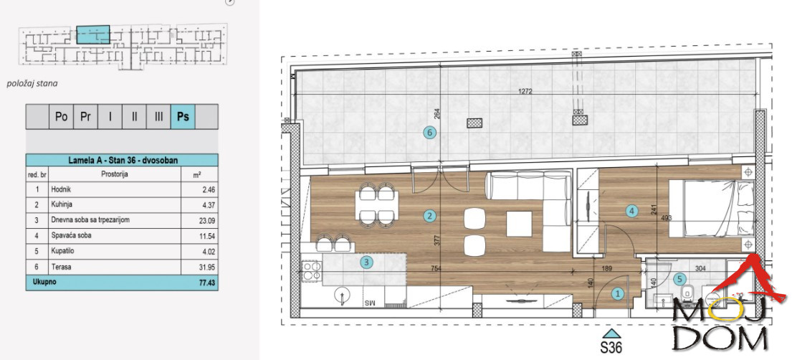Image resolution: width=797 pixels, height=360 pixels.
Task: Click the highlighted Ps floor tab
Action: point(182,116)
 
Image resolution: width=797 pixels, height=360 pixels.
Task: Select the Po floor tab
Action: point(61,116)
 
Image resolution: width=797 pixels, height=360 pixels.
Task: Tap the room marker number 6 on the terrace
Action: point(430,132)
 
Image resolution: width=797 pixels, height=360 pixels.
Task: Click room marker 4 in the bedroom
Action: point(631,211)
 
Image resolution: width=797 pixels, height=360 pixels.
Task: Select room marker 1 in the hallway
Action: point(617,293)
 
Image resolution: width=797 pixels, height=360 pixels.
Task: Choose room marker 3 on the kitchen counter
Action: point(366,262)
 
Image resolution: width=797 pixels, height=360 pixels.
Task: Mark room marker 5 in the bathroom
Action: point(679,280)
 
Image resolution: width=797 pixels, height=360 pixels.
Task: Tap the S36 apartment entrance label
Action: point(611,349)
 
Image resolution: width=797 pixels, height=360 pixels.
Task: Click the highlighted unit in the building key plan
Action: point(93,34)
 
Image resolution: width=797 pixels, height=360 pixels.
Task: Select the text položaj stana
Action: point(32,83)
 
